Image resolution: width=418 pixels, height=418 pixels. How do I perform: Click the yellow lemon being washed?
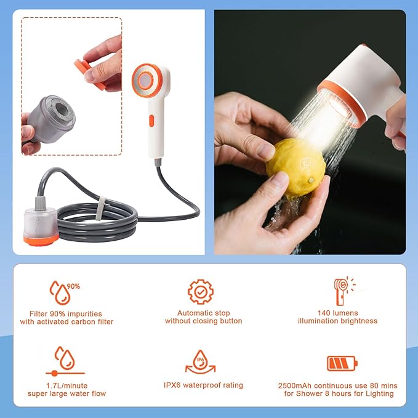tap(296, 167)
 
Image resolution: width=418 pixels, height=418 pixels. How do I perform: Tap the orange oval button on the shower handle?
tap(151, 121)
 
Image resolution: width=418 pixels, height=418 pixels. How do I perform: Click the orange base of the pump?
tap(41, 239)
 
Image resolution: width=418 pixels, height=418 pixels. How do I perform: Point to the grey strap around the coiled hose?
tap(101, 209)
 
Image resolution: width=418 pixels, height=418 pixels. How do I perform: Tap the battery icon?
tap(342, 363)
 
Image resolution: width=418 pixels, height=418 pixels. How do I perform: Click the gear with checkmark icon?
tap(201, 292)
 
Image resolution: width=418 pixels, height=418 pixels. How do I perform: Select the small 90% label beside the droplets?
tap(73, 286)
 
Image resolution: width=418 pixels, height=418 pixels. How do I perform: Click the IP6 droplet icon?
tap(201, 362)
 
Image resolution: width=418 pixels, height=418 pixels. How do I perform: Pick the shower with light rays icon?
tap(344, 291)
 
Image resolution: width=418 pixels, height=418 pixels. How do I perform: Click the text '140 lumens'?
tap(337, 313)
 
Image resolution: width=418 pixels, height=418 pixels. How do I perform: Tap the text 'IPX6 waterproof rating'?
tap(203, 385)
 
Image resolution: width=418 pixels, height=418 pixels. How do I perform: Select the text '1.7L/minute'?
tap(66, 385)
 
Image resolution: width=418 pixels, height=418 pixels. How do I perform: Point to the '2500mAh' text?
tap(295, 385)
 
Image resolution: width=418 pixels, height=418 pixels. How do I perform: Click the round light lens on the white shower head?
tap(145, 80)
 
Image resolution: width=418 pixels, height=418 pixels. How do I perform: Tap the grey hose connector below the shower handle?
tap(158, 162)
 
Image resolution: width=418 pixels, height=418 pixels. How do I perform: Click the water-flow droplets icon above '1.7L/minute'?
tap(65, 361)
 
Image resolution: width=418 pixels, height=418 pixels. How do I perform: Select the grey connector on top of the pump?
tap(40, 203)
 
